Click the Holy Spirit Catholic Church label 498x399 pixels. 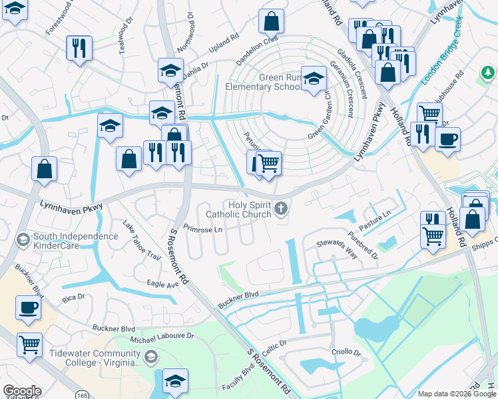(250, 209)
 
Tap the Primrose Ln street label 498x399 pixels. (202, 229)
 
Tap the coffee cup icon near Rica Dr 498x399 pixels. (29, 309)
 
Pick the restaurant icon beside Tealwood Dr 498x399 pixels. (78, 47)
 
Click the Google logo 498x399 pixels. (22, 391)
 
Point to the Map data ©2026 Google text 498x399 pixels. (456, 394)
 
